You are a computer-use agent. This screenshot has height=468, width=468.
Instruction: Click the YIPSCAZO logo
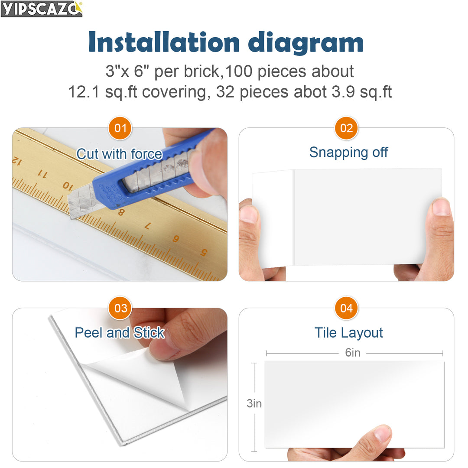tap(42, 9)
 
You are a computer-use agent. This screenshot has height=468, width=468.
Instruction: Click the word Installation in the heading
tap(164, 42)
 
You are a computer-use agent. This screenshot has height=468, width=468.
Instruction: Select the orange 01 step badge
tap(120, 128)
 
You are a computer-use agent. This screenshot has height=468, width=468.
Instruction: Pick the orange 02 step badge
tap(346, 128)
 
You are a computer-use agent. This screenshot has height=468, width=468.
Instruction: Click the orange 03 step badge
tap(120, 308)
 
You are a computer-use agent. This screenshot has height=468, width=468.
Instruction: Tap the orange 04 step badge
tap(346, 308)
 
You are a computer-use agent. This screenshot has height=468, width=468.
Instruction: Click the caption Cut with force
tap(120, 154)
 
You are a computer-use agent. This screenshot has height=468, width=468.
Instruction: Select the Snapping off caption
tap(348, 153)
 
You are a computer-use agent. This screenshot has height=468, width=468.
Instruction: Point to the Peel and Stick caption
tap(120, 332)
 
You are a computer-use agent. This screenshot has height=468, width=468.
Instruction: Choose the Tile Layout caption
tap(348, 333)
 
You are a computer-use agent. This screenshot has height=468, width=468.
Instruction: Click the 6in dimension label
tap(352, 353)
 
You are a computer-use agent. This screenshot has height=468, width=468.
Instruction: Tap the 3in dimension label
tap(254, 403)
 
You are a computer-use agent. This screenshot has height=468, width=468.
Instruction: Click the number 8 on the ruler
tap(121, 212)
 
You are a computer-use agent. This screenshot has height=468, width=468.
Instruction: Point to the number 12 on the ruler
tap(17, 161)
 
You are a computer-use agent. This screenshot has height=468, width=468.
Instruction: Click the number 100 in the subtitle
tap(238, 71)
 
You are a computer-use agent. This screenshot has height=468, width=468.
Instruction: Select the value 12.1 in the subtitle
tap(84, 92)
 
